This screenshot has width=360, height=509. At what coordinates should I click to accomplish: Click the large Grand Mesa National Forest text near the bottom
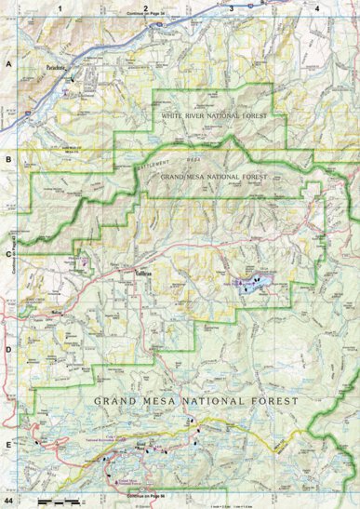(196, 401)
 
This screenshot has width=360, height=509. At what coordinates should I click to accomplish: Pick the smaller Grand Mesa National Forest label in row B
(214, 175)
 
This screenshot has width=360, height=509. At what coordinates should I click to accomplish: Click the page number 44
(10, 502)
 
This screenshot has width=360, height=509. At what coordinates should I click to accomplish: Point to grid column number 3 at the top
(231, 7)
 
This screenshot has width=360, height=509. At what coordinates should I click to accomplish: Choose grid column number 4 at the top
(317, 7)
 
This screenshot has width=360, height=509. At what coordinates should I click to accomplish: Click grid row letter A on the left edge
(7, 65)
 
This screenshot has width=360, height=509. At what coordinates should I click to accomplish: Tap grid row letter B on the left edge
(7, 160)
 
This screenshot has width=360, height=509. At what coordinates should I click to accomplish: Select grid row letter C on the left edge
(7, 253)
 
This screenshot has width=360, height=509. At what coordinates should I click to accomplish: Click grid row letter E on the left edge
(7, 444)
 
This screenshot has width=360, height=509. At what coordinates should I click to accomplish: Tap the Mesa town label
(56, 314)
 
